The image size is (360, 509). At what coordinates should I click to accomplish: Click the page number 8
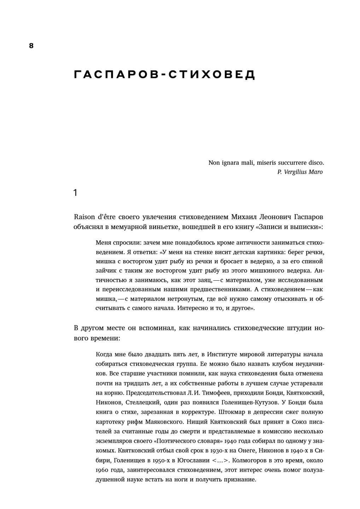point(31,46)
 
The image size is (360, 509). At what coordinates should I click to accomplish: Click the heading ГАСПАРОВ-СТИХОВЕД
point(164,75)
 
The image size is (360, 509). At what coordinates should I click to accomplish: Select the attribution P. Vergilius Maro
point(300,172)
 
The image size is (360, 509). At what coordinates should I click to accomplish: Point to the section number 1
point(75,193)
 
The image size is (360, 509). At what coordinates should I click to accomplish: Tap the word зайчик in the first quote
point(106,271)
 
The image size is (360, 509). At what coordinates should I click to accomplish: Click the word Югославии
point(191,461)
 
